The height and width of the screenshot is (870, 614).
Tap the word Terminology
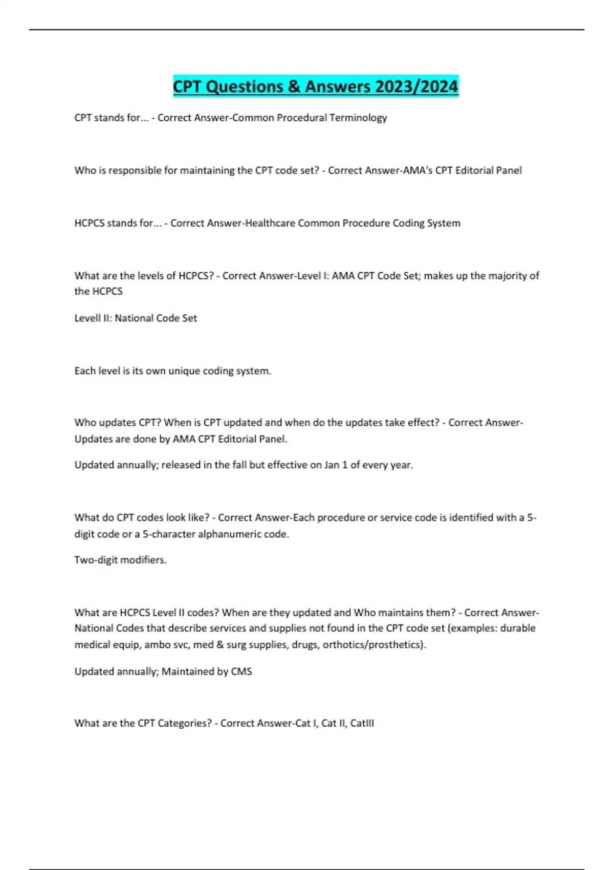pyautogui.click(x=358, y=118)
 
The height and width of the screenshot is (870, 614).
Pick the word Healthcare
pyautogui.click(x=270, y=223)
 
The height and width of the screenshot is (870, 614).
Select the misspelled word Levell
pyautogui.click(x=89, y=318)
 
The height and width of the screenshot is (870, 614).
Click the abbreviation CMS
pyautogui.click(x=242, y=671)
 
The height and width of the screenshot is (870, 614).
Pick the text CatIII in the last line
pyautogui.click(x=362, y=724)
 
